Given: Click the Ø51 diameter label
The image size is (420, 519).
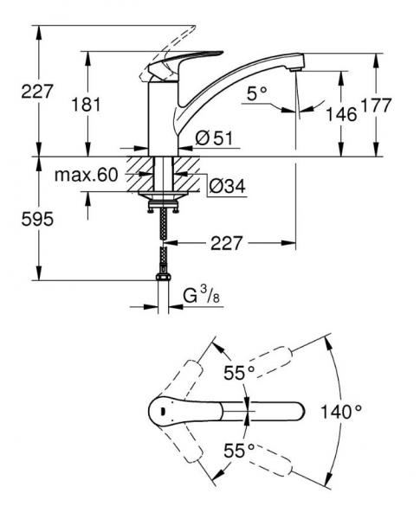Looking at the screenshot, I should (x=211, y=138).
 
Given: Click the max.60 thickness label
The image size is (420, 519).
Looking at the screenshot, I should (x=86, y=175).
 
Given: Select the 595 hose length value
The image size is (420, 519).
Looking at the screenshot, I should (x=36, y=220).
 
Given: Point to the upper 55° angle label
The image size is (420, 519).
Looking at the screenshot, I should (x=239, y=373).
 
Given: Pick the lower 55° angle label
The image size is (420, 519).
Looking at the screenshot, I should (x=239, y=450).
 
